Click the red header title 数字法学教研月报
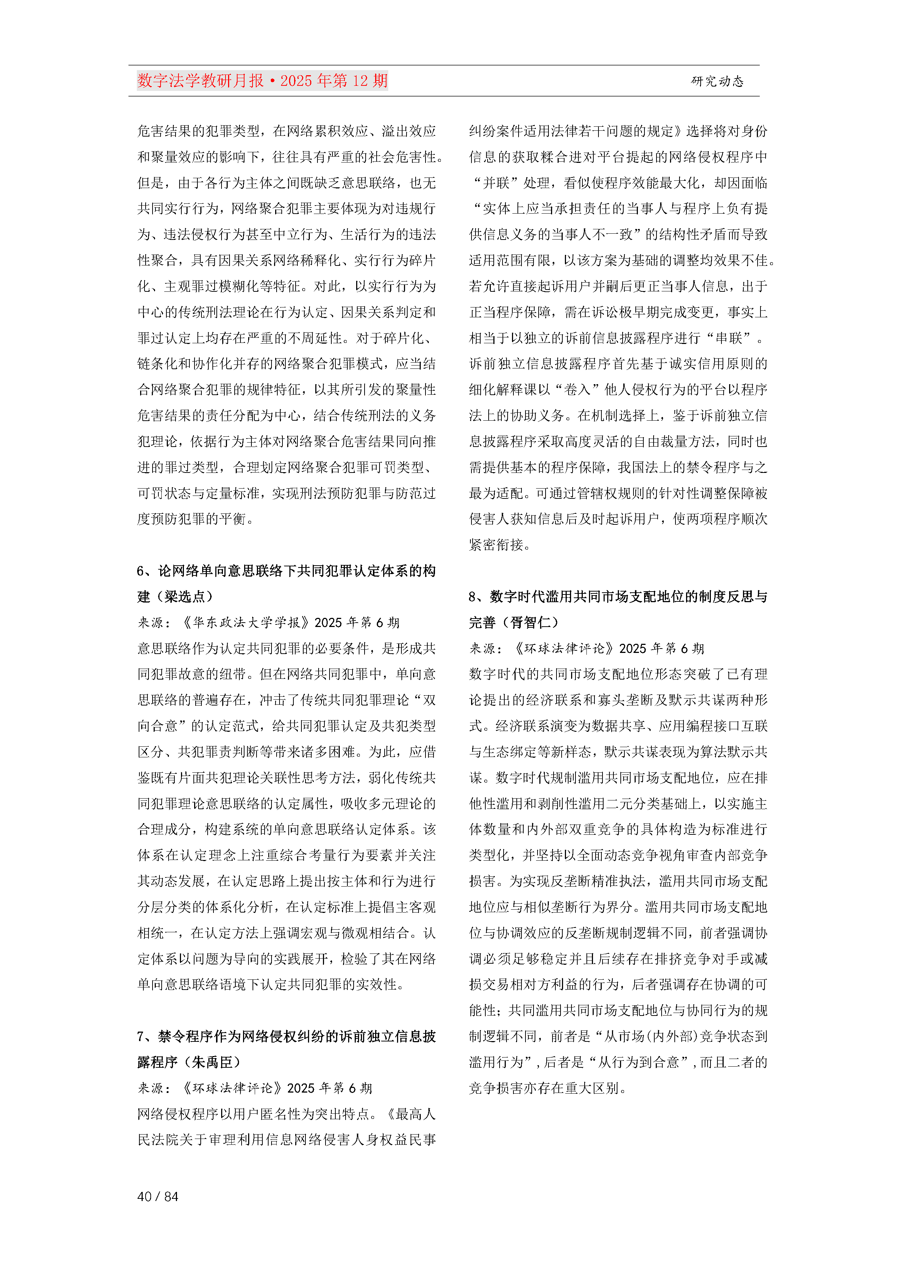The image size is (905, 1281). click(201, 81)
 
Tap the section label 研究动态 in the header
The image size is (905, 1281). click(717, 81)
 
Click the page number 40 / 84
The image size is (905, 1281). click(158, 1196)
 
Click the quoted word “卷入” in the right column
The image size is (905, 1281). click(577, 389)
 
